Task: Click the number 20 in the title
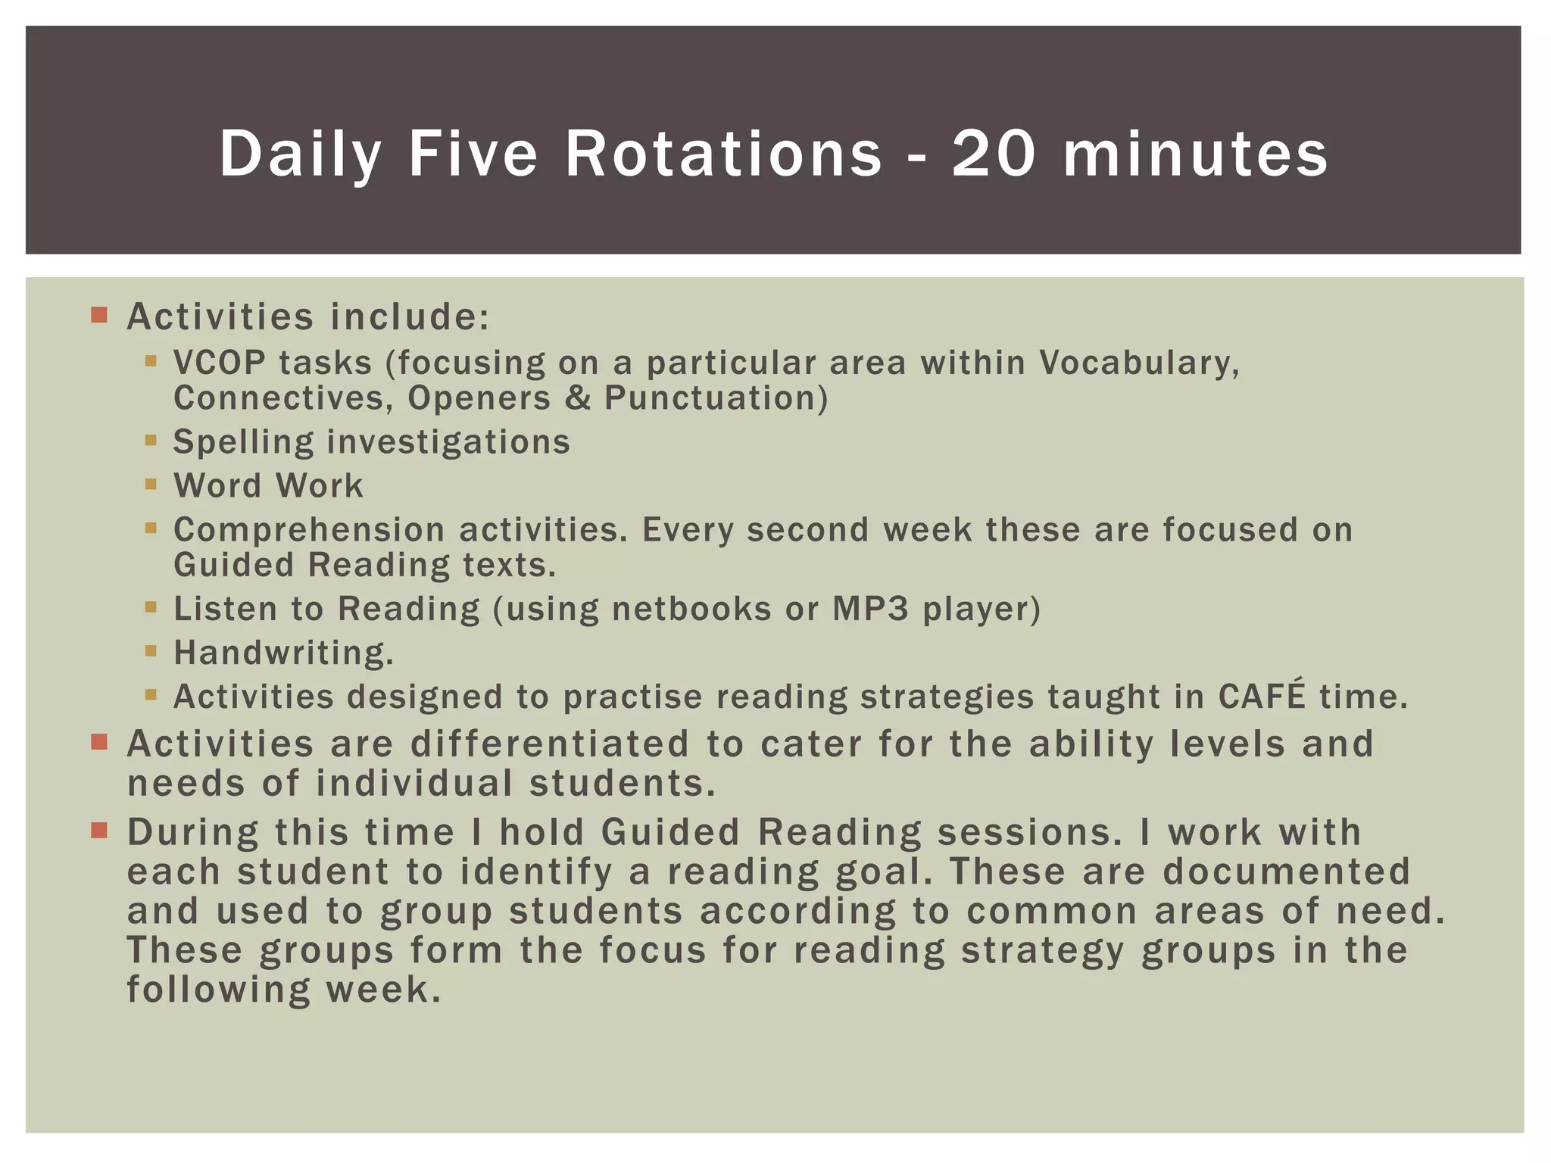coord(993,154)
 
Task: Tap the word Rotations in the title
coord(723,154)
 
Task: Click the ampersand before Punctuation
coord(578,398)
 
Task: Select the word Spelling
coord(243,442)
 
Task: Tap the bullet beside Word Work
coord(151,484)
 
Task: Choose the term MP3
coord(870,609)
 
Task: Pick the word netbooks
coord(691,609)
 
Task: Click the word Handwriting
coord(283,653)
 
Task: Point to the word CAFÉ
coord(1262,696)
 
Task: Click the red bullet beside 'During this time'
coord(99,831)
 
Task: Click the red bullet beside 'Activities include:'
coord(99,314)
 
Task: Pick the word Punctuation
coord(716,398)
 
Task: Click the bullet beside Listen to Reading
coord(151,606)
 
